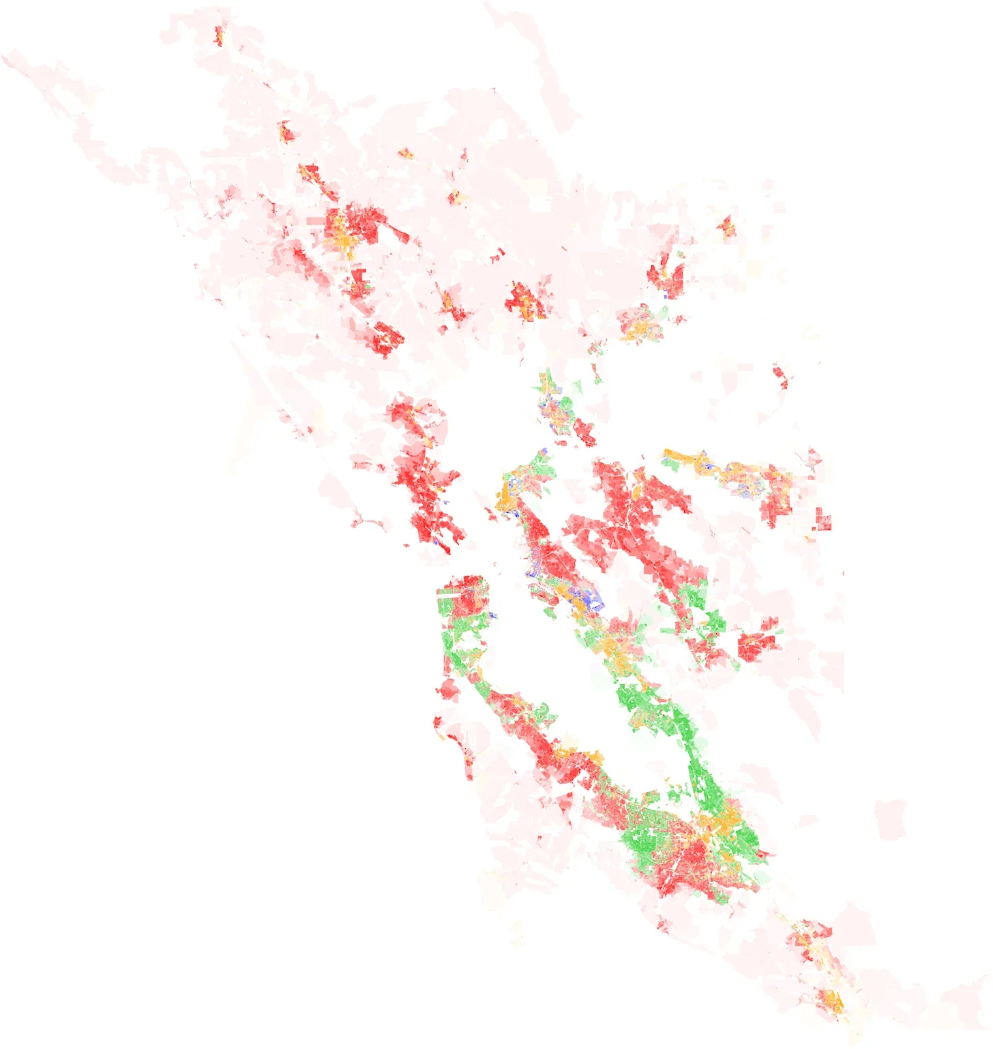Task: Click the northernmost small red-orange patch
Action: coord(218,33)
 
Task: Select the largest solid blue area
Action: coord(588,600)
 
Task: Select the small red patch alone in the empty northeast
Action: coord(782,376)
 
